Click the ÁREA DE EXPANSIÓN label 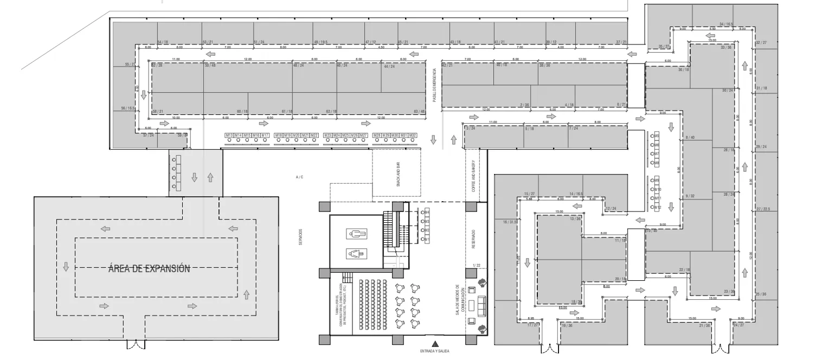click(x=149, y=269)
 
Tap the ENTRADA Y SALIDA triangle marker click(x=435, y=343)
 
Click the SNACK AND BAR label click(x=398, y=175)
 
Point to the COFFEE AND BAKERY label click(x=473, y=176)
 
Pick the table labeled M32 click(x=413, y=135)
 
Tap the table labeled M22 click(x=314, y=135)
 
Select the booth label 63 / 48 click(x=419, y=111)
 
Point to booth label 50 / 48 click(x=210, y=66)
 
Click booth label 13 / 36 click(x=575, y=219)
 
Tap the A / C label click(x=299, y=177)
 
